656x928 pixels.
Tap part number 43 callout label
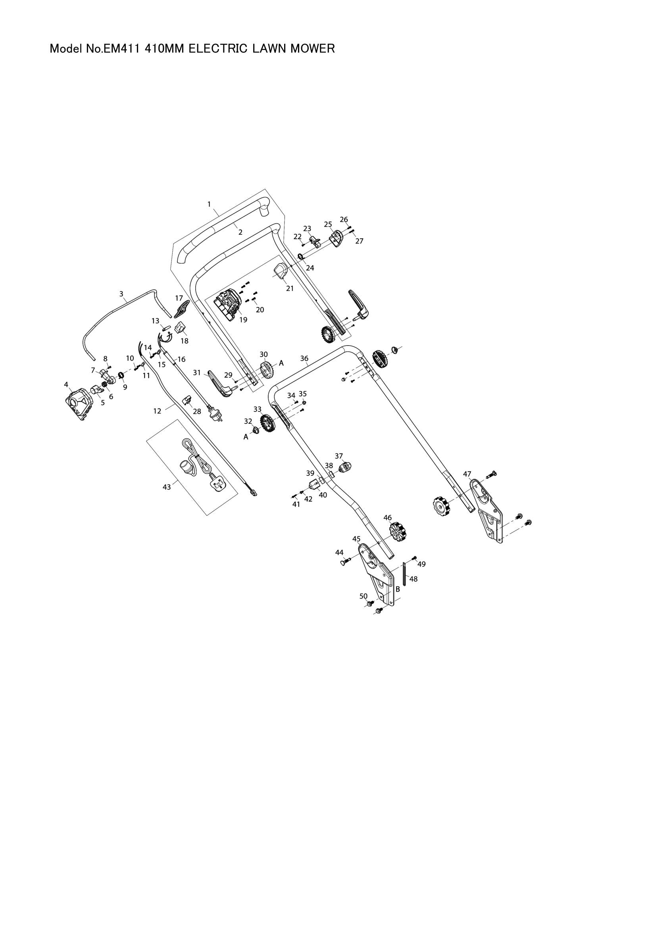point(167,487)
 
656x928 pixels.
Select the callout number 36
point(304,359)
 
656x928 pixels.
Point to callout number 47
point(467,474)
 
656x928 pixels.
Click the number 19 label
point(243,320)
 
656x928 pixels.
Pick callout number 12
point(157,411)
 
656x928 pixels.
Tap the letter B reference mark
point(398,590)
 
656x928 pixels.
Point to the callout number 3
point(121,294)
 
